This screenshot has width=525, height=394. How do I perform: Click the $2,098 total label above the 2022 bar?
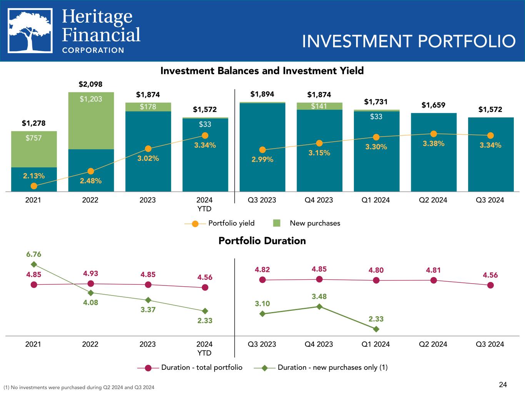pyautogui.click(x=90, y=84)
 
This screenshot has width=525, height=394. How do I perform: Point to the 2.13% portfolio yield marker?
pyautogui.click(x=34, y=186)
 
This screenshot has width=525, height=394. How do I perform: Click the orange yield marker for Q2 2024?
pyautogui.click(x=433, y=134)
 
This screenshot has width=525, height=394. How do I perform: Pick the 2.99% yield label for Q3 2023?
pyautogui.click(x=262, y=159)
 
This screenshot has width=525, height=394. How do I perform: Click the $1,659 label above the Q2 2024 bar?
pyautogui.click(x=433, y=105)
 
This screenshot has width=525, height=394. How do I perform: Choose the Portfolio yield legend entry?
pyautogui.click(x=219, y=223)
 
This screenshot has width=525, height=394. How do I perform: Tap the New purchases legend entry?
pyautogui.click(x=307, y=223)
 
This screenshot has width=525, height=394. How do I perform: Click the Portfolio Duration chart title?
pyautogui.click(x=262, y=241)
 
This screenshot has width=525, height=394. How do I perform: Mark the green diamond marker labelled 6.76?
pyautogui.click(x=34, y=264)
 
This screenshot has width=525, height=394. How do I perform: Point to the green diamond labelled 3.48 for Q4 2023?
pyautogui.click(x=319, y=306)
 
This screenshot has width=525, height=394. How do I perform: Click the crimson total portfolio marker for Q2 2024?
pyautogui.click(x=433, y=280)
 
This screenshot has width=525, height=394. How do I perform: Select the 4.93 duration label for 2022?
pyautogui.click(x=90, y=274)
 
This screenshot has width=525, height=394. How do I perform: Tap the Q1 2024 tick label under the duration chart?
pyautogui.click(x=376, y=344)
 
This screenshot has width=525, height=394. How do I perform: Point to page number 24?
pyautogui.click(x=503, y=384)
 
